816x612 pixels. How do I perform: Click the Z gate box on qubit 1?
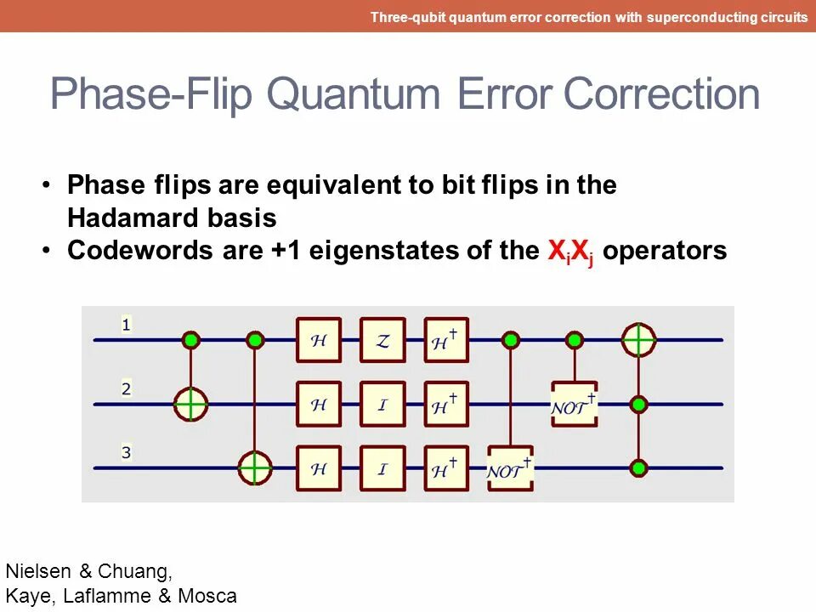[382, 340]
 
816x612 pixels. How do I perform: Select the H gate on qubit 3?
[319, 468]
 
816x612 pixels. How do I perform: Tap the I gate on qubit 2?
[382, 405]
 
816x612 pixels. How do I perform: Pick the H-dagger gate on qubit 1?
[446, 340]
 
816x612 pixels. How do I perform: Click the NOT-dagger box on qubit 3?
[510, 468]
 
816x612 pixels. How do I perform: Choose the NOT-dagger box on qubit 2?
[575, 405]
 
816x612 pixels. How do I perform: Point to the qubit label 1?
[126, 324]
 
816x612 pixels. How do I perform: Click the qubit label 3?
[126, 453]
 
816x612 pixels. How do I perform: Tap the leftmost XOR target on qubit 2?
[191, 405]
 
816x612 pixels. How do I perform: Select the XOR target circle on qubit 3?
[255, 468]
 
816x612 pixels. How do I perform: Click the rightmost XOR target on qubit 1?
[638, 340]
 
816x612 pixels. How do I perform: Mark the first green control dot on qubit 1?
[191, 340]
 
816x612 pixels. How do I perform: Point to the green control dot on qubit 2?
[638, 405]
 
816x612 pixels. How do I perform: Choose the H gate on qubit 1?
[319, 340]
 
